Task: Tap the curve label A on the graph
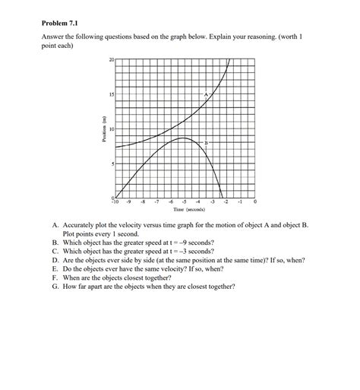pos(205,93)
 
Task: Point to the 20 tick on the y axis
pos(111,59)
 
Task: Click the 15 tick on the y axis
pos(111,94)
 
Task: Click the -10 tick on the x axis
pos(115,203)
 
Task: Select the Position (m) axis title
pos(96,128)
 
